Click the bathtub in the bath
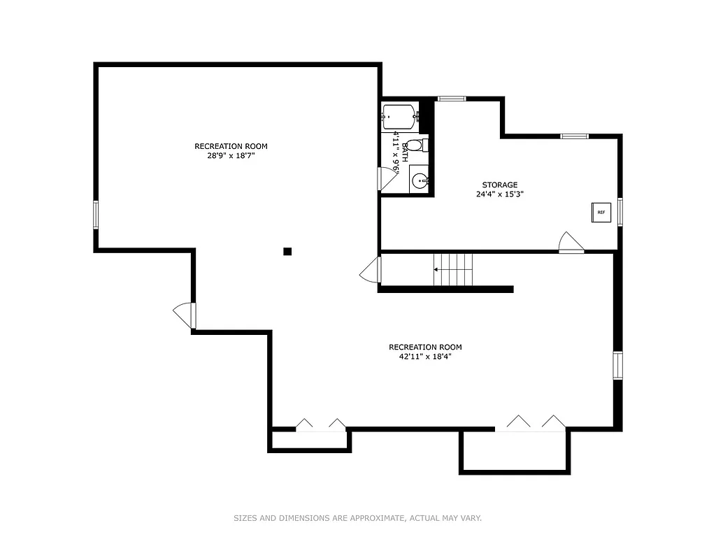coord(399,116)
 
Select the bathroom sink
coord(420,181)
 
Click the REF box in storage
coord(601,212)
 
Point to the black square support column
coord(287,251)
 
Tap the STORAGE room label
coord(499,185)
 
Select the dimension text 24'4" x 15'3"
coord(499,194)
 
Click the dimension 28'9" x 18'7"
coord(231,156)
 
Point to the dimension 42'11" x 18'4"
coord(425,357)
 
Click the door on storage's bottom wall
coord(571,243)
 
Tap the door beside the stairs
coord(370,270)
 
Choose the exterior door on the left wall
coord(184,315)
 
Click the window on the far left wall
coord(96,214)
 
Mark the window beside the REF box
coord(620,211)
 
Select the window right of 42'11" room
coord(617,365)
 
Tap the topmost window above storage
coord(452,99)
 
